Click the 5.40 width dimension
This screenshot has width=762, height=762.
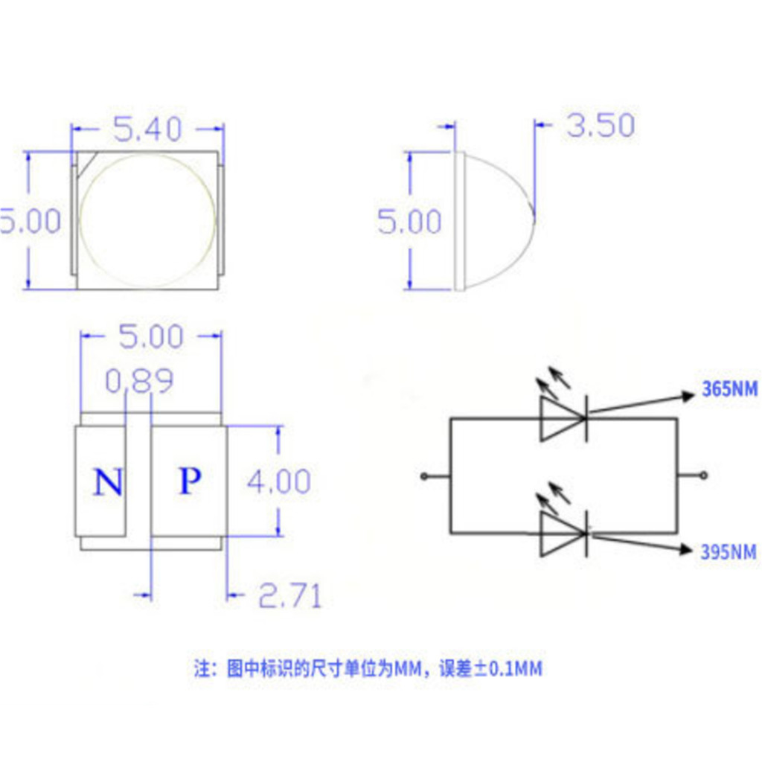pos(147,129)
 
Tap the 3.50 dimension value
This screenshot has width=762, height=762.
pos(601,125)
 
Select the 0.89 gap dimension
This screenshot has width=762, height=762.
pos(139,380)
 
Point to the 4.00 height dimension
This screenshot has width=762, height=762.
pos(278,481)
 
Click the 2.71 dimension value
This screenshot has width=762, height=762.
pos(290,596)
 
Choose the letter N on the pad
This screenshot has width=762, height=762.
pos(107,482)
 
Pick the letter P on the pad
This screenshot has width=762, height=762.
pos(190,481)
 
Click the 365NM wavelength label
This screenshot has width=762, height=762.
pos(729,388)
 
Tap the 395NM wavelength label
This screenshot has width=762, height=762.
pos(728,552)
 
